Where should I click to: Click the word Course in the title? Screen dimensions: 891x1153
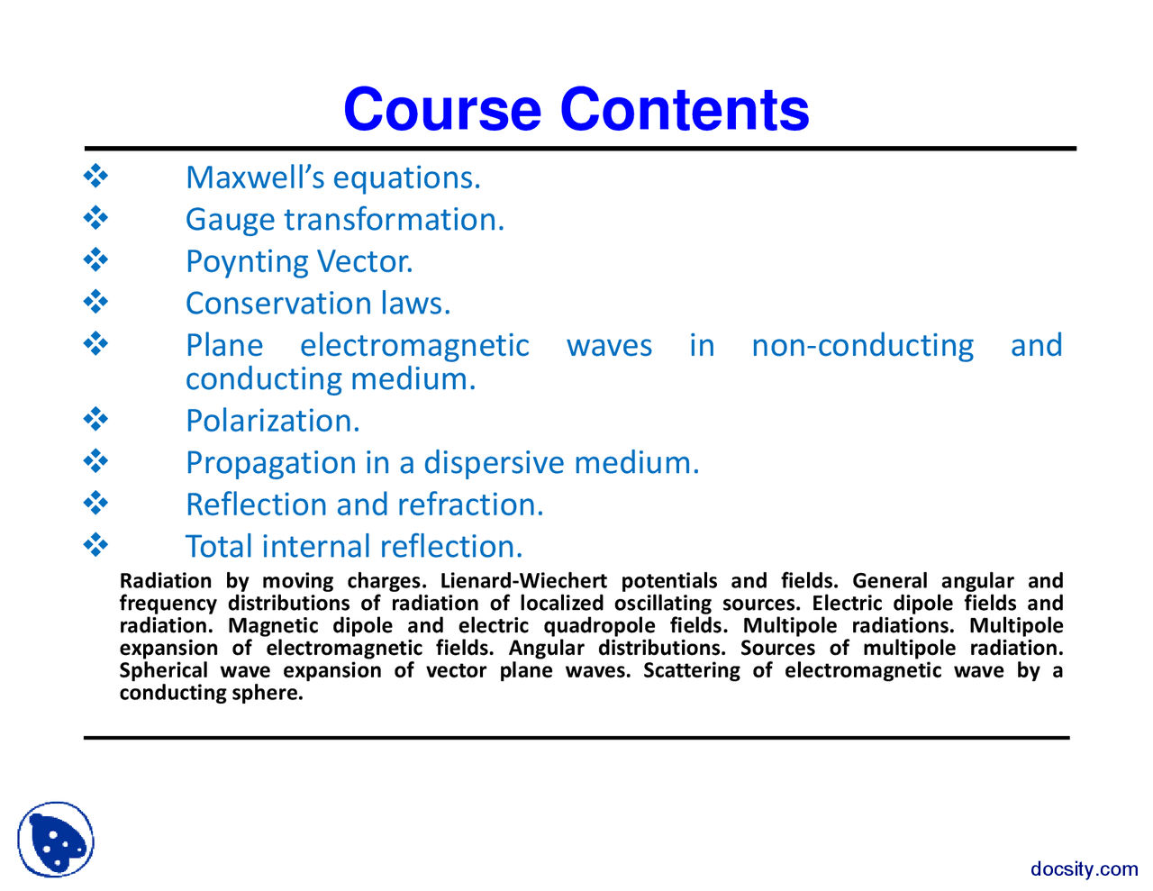pyautogui.click(x=442, y=110)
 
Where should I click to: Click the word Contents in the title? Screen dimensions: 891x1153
pyautogui.click(x=685, y=110)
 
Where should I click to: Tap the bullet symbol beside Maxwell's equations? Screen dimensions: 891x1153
pyautogui.click(x=95, y=176)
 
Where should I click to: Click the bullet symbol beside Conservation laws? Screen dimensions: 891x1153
pyautogui.click(x=95, y=301)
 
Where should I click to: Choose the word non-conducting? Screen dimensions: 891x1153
pyautogui.click(x=862, y=346)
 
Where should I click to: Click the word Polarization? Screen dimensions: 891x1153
pyautogui.click(x=272, y=421)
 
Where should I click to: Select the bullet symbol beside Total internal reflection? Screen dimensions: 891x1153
pyautogui.click(x=95, y=544)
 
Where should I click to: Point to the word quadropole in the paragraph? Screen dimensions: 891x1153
pyautogui.click(x=599, y=626)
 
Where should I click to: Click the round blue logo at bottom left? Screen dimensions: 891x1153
pyautogui.click(x=56, y=840)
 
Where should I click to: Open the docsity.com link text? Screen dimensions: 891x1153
pyautogui.click(x=1084, y=868)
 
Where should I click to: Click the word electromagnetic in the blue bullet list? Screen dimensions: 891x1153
pyautogui.click(x=414, y=346)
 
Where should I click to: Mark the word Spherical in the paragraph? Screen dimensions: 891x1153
pyautogui.click(x=163, y=670)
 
